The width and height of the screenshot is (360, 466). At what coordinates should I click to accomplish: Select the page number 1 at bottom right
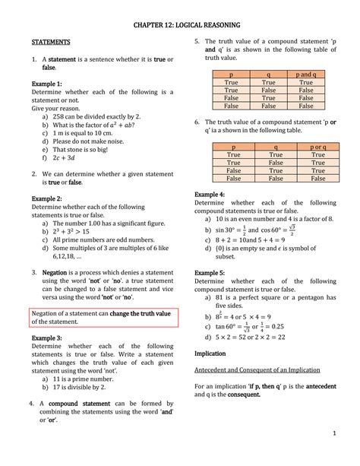pos(333,433)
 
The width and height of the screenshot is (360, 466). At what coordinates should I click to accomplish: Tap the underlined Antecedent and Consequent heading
pos(257,369)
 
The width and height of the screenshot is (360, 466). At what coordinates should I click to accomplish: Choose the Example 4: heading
pos(210,195)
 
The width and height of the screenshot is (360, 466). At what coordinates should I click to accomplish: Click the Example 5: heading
pos(210,271)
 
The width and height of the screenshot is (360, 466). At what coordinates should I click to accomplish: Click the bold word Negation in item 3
pos(59,271)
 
